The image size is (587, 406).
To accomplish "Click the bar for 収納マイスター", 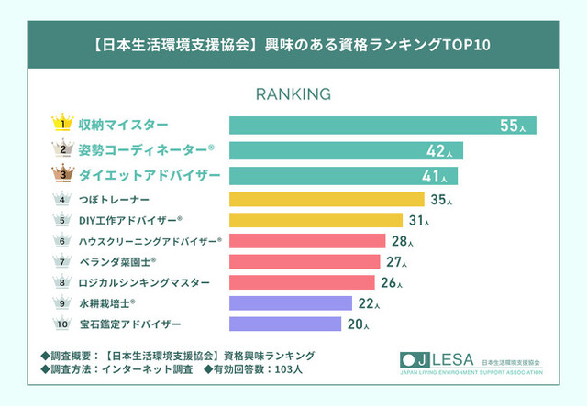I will tap(382, 125).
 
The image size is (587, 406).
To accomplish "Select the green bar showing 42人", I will tap(345, 150).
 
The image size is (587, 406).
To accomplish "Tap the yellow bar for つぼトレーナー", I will tap(326, 199).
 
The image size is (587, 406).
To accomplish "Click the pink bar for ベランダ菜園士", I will tap(304, 261).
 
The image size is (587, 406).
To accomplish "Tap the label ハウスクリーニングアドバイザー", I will tap(150, 241).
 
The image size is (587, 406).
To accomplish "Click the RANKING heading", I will tap(293, 94).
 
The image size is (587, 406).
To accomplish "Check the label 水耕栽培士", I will tap(106, 302).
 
